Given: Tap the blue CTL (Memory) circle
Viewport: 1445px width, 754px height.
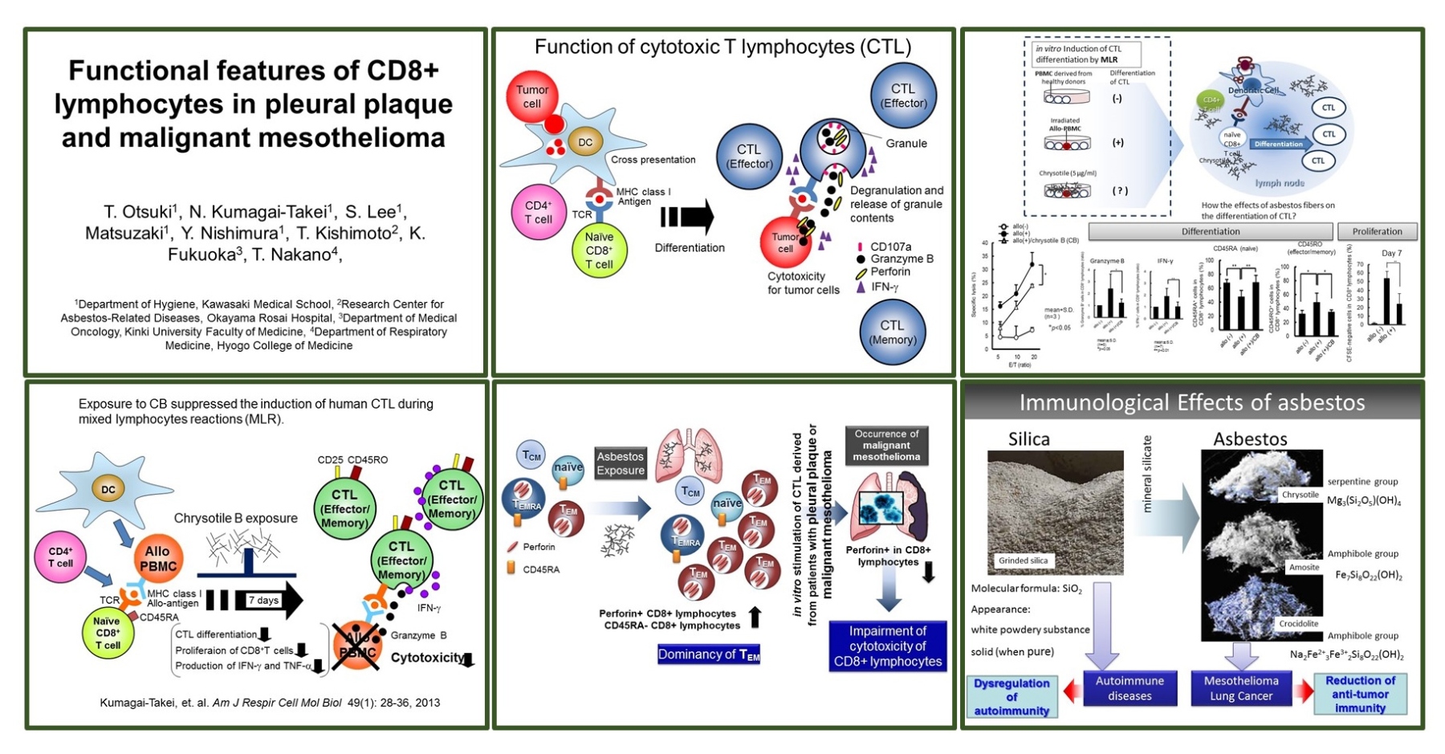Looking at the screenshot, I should (892, 332).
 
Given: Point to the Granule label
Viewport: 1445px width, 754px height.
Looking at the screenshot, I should (906, 144).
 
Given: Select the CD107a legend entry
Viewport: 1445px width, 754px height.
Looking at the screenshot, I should (890, 247).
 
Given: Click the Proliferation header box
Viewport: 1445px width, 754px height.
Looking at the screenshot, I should (1377, 231).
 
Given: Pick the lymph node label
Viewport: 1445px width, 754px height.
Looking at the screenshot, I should (1280, 183).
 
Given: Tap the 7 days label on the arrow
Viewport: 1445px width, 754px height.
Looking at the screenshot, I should (263, 600).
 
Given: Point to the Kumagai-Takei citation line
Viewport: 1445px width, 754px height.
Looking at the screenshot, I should (270, 703).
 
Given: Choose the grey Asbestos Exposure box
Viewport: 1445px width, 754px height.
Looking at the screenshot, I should (621, 463).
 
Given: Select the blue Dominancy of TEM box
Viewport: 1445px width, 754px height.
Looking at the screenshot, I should (708, 654).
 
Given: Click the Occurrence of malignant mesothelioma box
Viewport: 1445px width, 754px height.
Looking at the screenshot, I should (886, 445).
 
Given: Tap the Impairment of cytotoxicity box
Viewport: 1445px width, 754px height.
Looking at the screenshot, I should (887, 646).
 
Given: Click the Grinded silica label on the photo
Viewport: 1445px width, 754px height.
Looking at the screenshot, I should (1023, 560).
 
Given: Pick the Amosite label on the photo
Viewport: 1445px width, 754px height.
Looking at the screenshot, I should (1304, 567).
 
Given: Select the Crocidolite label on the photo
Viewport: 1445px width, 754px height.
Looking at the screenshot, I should (1299, 623).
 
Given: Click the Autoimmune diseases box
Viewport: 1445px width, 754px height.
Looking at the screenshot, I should (1130, 688).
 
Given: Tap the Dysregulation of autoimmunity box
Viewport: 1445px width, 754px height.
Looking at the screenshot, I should (1011, 696).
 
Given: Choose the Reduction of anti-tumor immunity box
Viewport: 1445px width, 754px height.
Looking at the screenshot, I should (1360, 694).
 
